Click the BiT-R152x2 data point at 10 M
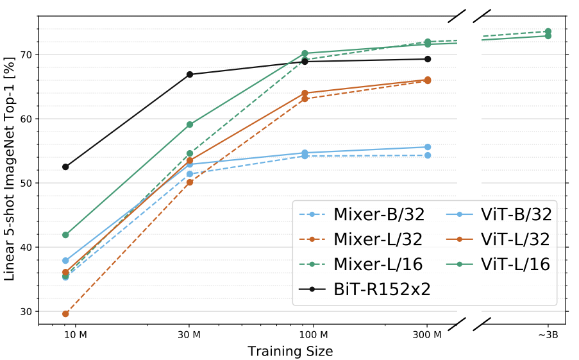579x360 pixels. (x=65, y=167)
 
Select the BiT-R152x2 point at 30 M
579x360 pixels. (x=190, y=74)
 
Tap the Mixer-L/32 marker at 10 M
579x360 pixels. (x=65, y=314)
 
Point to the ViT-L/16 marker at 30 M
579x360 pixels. (x=190, y=124)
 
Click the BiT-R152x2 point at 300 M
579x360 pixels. (x=428, y=59)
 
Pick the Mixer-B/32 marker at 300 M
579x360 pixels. (x=428, y=155)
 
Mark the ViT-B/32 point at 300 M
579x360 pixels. (x=428, y=147)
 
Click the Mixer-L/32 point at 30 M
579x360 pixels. (x=190, y=182)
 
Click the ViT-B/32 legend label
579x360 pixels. (x=516, y=214)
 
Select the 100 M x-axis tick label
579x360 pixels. (x=314, y=335)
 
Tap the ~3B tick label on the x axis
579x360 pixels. (x=548, y=335)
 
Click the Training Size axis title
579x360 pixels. (x=290, y=352)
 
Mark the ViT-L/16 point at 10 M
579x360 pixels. (x=65, y=235)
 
